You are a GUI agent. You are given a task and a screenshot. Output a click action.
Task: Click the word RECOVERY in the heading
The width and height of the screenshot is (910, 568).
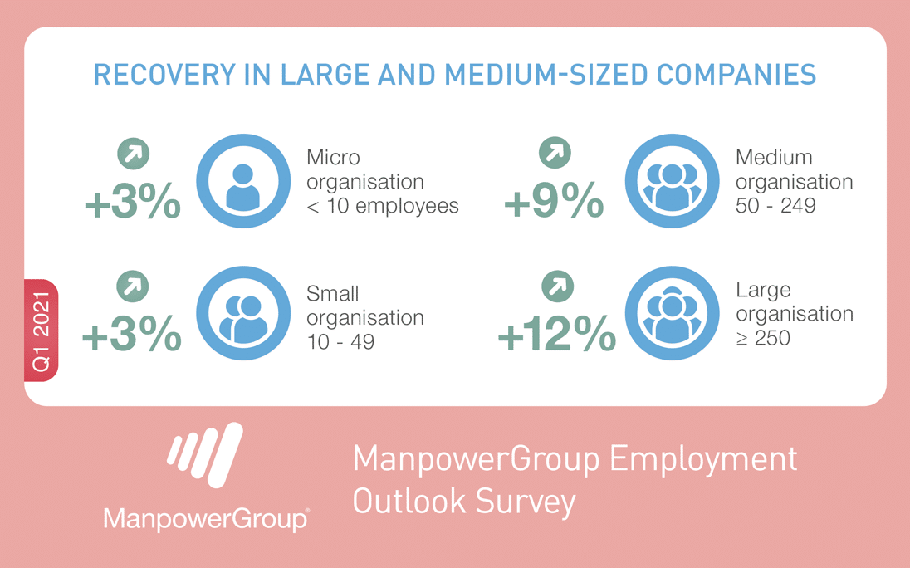click(165, 75)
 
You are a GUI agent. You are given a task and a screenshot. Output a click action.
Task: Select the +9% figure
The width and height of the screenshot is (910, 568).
click(554, 200)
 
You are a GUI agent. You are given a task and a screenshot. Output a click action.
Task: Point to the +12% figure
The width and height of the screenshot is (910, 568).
click(557, 333)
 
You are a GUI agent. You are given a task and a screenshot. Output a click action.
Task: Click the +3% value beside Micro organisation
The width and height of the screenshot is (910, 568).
click(132, 201)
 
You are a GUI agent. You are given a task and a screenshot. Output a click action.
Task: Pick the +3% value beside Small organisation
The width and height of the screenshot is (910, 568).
click(132, 333)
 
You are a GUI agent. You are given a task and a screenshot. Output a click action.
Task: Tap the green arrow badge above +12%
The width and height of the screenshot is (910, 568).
click(557, 286)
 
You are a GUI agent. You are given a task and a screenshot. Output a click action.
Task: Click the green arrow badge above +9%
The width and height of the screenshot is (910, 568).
click(555, 153)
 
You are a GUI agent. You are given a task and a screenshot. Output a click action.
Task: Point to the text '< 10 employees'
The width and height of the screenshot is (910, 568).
click(383, 206)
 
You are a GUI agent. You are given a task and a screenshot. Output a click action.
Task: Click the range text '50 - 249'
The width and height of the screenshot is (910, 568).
click(775, 205)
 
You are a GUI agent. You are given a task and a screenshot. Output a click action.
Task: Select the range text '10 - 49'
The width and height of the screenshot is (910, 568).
click(340, 342)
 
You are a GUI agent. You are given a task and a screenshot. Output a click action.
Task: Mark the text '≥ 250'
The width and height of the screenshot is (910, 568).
click(763, 338)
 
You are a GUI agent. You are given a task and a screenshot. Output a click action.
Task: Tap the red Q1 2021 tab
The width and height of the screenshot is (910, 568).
click(42, 331)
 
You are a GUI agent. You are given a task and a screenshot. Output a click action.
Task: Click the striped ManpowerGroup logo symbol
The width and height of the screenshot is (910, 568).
click(205, 455)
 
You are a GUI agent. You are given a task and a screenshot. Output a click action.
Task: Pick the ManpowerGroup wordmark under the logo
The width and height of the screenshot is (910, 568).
click(206, 518)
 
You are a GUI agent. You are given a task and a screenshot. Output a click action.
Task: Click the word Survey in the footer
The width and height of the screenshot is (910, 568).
click(526, 502)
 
